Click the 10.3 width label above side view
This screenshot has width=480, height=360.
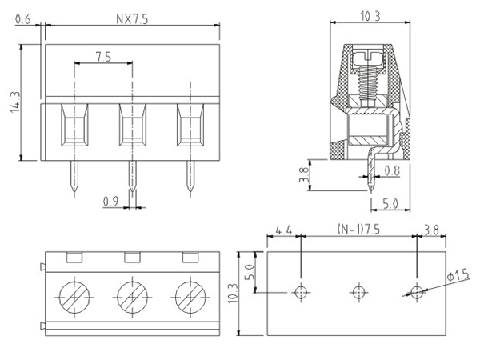[x=369, y=14]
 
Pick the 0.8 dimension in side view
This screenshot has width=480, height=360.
[x=392, y=170]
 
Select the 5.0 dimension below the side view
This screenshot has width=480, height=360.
[x=390, y=204]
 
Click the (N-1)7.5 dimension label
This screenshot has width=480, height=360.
[x=358, y=231]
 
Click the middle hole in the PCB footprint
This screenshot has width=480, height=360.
[x=358, y=292]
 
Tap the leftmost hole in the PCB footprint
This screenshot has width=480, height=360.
[x=300, y=292]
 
